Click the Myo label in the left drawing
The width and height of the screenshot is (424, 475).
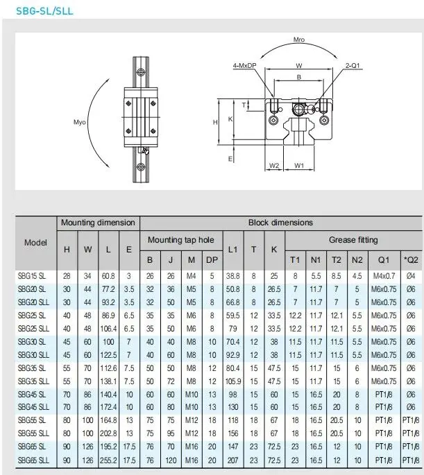click(x=80, y=123)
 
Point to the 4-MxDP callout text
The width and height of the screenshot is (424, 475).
click(x=245, y=67)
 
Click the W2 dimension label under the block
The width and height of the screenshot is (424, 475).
click(x=273, y=165)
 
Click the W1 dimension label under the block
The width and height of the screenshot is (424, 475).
click(x=299, y=165)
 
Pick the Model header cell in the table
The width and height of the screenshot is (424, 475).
click(x=35, y=243)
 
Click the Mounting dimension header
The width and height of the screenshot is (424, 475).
click(x=98, y=223)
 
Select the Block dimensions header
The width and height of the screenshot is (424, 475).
click(x=280, y=223)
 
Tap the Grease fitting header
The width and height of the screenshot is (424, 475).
click(x=353, y=240)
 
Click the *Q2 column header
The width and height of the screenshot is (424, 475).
click(x=411, y=260)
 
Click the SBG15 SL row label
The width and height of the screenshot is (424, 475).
click(x=32, y=276)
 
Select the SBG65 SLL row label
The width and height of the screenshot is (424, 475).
click(x=33, y=460)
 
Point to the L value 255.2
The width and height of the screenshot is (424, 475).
click(x=110, y=460)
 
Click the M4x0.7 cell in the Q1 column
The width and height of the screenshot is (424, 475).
click(x=384, y=276)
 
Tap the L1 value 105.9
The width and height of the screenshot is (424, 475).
click(x=232, y=381)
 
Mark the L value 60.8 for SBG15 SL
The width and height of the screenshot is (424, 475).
click(x=110, y=276)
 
